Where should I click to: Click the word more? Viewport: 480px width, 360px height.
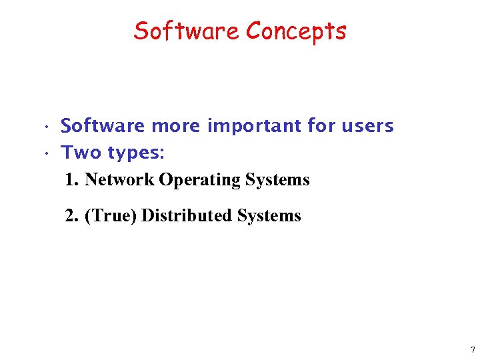177,125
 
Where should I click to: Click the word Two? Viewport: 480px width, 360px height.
81,153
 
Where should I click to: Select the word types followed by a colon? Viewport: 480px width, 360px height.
137,153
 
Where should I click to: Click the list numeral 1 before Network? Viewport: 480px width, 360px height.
71,180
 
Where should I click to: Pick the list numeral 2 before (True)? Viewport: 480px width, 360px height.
71,216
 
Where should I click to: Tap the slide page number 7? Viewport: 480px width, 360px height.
472,350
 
